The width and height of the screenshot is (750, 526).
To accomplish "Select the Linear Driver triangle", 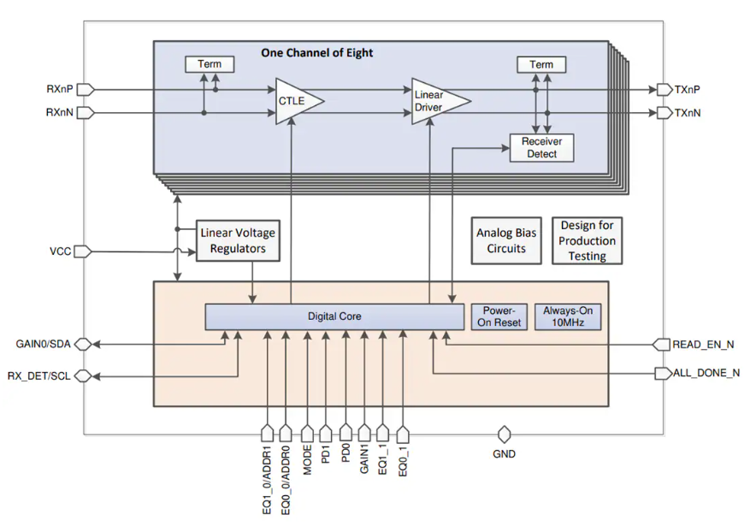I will (x=436, y=101).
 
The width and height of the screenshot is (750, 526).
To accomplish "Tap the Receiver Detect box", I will (x=541, y=148).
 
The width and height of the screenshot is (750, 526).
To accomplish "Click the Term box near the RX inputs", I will (x=210, y=64).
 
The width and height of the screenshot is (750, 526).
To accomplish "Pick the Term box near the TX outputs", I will (x=541, y=64).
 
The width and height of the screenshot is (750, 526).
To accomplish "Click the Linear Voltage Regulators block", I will (x=239, y=240).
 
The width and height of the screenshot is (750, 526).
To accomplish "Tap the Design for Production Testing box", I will (x=588, y=240).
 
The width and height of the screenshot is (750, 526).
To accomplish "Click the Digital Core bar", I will (x=334, y=316).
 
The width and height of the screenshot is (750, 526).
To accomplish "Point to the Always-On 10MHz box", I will (x=567, y=316).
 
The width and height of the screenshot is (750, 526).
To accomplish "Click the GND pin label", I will (x=505, y=454).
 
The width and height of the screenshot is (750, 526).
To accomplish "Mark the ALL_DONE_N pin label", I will (x=707, y=374).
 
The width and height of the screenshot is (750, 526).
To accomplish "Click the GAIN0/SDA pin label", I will (x=44, y=344).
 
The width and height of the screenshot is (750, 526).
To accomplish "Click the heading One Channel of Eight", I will (x=316, y=53).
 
